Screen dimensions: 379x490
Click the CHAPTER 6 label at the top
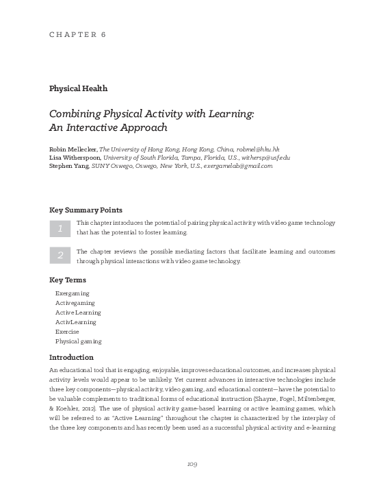[x=77, y=34]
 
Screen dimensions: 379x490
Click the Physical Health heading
[x=78, y=88]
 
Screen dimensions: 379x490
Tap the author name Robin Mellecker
[x=74, y=149]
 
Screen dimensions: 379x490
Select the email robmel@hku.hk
[x=257, y=149]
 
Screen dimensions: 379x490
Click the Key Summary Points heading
[x=86, y=210]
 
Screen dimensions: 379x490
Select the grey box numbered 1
[x=60, y=228]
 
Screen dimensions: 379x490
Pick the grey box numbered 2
[x=60, y=256]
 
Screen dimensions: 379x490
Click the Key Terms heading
[x=68, y=280]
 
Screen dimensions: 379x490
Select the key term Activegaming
[x=75, y=302]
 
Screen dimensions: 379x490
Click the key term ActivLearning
[x=76, y=321]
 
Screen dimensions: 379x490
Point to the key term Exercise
[x=67, y=331]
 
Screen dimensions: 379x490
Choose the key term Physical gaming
[x=79, y=341]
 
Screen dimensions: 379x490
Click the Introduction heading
[x=71, y=357]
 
